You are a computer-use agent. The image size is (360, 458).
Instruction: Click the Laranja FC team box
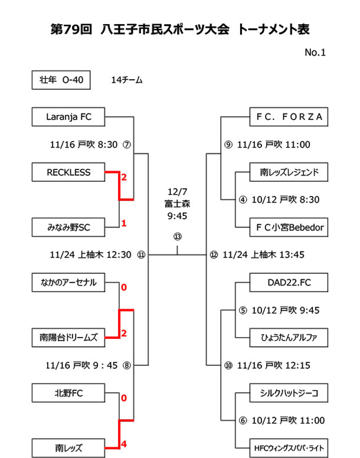(x=69, y=117)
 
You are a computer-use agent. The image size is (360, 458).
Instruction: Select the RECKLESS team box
(x=69, y=172)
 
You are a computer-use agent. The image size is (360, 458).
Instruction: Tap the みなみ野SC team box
(x=69, y=227)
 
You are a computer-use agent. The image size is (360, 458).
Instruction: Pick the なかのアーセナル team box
(x=69, y=282)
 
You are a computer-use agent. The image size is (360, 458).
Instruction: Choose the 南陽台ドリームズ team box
(x=69, y=338)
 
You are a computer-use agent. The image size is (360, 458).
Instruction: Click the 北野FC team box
(x=69, y=392)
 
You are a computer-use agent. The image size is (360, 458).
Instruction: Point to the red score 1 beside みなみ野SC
(x=124, y=223)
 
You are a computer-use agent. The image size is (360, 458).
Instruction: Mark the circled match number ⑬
(x=178, y=237)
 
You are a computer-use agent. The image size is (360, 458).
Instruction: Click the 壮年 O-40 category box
(x=61, y=80)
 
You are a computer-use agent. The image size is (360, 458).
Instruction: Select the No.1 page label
(x=315, y=53)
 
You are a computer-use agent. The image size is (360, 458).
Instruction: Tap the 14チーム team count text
(x=126, y=80)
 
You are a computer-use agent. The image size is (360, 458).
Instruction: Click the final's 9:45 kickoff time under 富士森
(x=178, y=216)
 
